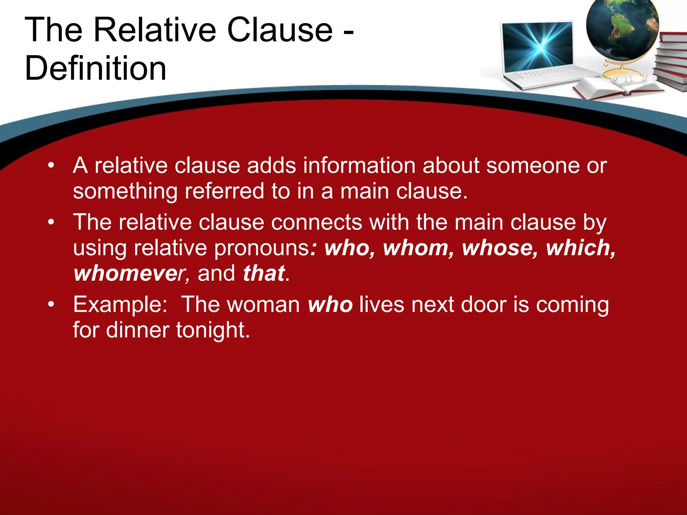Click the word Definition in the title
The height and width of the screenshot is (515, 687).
click(96, 68)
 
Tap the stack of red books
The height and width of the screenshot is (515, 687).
click(671, 62)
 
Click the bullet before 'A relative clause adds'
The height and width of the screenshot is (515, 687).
click(51, 165)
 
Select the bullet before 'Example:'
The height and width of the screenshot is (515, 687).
click(51, 304)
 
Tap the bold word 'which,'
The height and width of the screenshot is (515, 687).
click(581, 248)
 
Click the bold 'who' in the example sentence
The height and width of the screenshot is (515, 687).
click(330, 304)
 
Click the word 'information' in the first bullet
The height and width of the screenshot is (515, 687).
click(359, 165)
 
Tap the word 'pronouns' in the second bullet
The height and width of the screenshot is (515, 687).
click(262, 248)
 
